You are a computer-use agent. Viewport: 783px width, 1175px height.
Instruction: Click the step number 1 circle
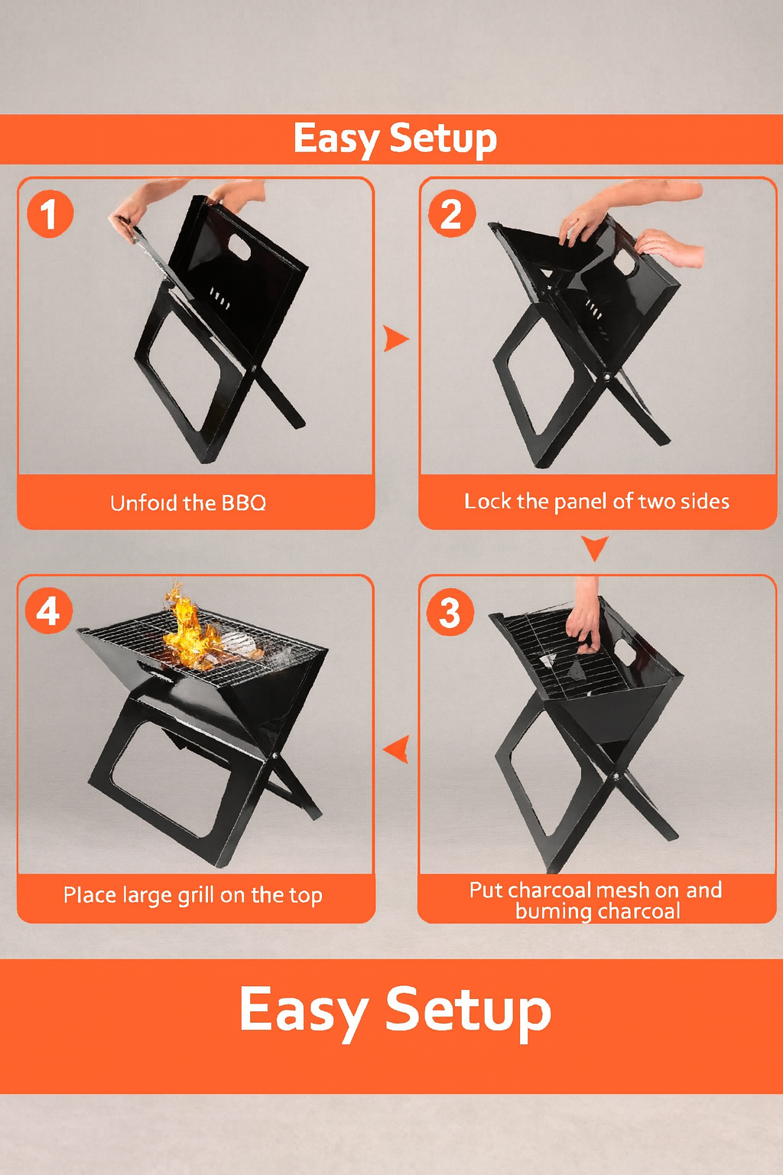click(50, 213)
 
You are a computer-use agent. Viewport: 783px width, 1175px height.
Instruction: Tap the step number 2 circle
click(451, 213)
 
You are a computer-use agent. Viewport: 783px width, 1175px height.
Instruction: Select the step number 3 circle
click(450, 612)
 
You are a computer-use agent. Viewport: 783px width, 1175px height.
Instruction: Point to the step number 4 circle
click(48, 611)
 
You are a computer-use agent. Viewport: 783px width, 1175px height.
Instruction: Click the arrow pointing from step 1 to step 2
click(395, 338)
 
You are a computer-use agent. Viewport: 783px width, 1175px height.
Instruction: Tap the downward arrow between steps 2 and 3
click(594, 547)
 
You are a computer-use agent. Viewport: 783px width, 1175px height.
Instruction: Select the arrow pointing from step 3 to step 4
click(397, 749)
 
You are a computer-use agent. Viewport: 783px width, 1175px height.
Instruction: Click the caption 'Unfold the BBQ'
click(188, 503)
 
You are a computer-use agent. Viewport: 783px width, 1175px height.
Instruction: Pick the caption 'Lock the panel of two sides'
click(596, 502)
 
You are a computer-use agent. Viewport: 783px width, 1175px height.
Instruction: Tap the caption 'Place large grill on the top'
click(193, 895)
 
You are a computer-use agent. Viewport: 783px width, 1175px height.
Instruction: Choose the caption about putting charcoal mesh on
click(596, 900)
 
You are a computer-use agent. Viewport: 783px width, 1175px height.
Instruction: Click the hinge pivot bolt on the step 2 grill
click(606, 377)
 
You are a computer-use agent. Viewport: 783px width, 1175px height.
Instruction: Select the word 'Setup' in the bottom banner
click(468, 1010)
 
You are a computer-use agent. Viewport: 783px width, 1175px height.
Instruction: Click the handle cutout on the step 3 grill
click(625, 653)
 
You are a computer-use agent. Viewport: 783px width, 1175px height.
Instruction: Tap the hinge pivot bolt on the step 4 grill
click(275, 756)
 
